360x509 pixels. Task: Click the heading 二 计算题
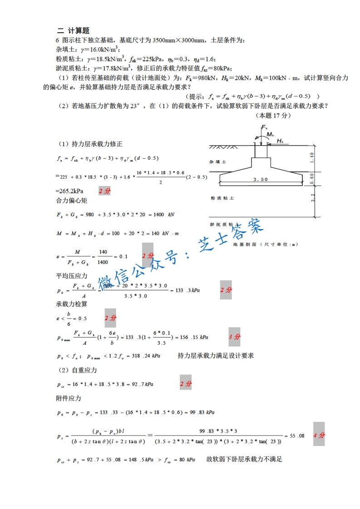[73, 30]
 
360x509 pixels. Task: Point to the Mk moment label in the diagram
[270, 135]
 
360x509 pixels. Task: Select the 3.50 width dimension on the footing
[261, 179]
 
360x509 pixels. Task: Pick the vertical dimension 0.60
[311, 178]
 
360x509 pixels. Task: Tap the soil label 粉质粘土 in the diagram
[222, 198]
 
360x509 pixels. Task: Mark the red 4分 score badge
[319, 435]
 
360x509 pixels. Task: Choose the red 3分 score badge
[234, 337]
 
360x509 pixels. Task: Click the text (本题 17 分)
[273, 115]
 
